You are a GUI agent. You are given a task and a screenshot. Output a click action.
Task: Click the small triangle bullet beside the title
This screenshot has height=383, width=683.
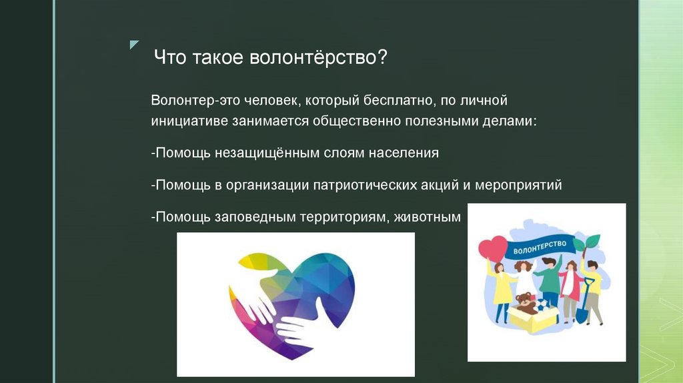[134, 45]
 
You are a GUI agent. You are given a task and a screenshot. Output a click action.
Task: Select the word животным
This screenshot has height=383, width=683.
[427, 216]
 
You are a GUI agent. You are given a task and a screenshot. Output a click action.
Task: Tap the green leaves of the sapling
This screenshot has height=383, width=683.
[590, 242]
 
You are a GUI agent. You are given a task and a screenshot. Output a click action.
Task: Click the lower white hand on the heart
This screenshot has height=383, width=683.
[300, 326]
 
